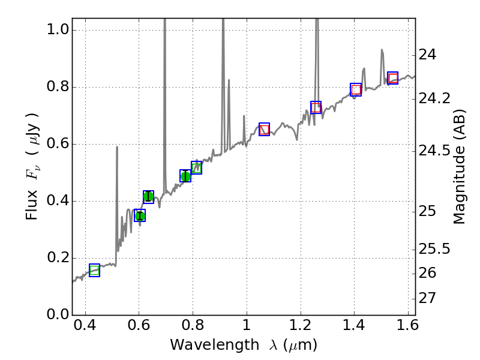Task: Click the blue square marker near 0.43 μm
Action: click(94, 270)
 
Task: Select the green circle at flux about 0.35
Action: click(140, 215)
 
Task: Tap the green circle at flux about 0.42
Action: click(148, 197)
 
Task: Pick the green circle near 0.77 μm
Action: click(185, 176)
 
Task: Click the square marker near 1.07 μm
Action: click(264, 129)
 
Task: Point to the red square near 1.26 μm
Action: click(316, 107)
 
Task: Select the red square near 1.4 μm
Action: click(356, 89)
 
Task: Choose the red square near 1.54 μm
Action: click(392, 78)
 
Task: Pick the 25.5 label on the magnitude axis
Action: click(434, 248)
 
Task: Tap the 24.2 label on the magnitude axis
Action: click(434, 98)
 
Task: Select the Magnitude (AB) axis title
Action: click(460, 166)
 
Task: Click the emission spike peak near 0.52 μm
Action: click(117, 147)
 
